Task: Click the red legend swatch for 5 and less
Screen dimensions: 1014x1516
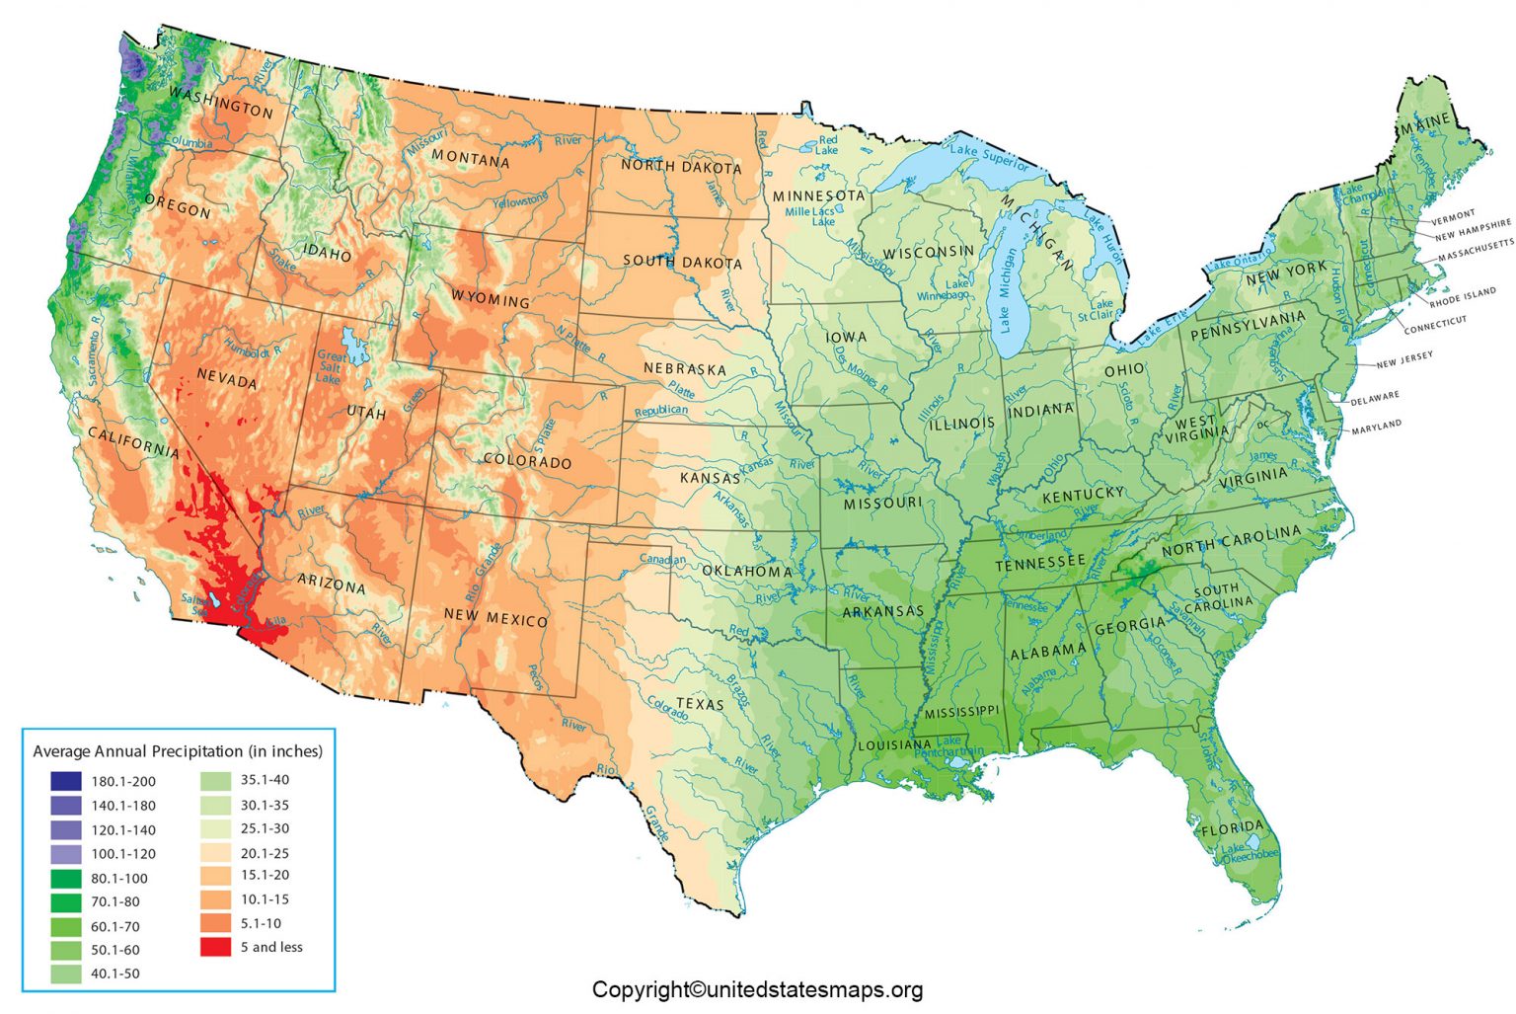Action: tap(215, 947)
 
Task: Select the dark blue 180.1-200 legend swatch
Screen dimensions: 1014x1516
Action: tap(66, 781)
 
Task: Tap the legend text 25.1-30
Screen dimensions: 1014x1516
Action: tap(265, 828)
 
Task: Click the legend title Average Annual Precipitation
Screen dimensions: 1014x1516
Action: tap(178, 751)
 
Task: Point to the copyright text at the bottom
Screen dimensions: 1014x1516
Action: tap(757, 989)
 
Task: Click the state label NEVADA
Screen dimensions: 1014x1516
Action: tap(227, 378)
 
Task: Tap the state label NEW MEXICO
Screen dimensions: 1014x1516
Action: tap(495, 617)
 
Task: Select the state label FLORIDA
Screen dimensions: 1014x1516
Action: tap(1232, 827)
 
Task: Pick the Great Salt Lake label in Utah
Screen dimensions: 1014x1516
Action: tap(330, 367)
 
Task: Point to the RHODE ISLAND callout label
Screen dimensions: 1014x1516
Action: tap(1463, 297)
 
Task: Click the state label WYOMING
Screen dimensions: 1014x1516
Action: tap(491, 298)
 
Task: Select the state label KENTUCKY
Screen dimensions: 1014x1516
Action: tap(1083, 494)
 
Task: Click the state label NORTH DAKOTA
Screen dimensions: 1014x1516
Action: tap(681, 167)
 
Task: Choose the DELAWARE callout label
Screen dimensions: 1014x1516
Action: tap(1375, 397)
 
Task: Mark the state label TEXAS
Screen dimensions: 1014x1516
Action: tap(700, 704)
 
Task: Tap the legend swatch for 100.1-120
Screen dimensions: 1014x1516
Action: tap(66, 854)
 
